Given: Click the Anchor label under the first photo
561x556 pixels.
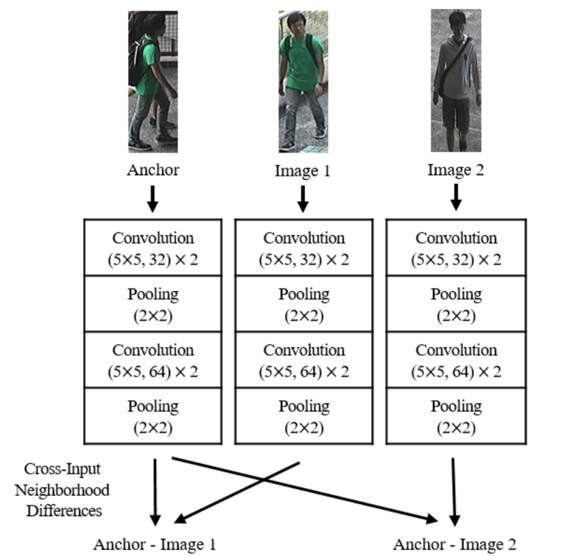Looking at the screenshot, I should point(153,170).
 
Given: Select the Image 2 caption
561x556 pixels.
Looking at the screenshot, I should point(456,170).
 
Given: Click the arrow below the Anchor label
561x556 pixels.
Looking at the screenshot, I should point(153,199).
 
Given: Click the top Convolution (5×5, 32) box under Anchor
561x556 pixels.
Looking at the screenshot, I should point(153,248).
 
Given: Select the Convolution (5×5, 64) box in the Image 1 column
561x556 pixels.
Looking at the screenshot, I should point(304,360).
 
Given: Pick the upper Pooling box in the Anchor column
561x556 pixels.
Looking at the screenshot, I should point(153,304).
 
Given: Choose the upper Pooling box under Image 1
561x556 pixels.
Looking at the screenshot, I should point(304,304).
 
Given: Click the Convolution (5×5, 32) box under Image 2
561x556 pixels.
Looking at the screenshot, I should point(456,248).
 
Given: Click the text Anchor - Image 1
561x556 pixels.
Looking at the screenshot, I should point(155,545).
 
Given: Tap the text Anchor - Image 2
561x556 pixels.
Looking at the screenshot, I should point(455,545).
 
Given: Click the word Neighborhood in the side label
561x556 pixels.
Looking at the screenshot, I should point(62,490).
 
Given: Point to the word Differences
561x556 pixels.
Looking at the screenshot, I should point(64,511).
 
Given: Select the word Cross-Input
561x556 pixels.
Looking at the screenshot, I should point(62,469).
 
